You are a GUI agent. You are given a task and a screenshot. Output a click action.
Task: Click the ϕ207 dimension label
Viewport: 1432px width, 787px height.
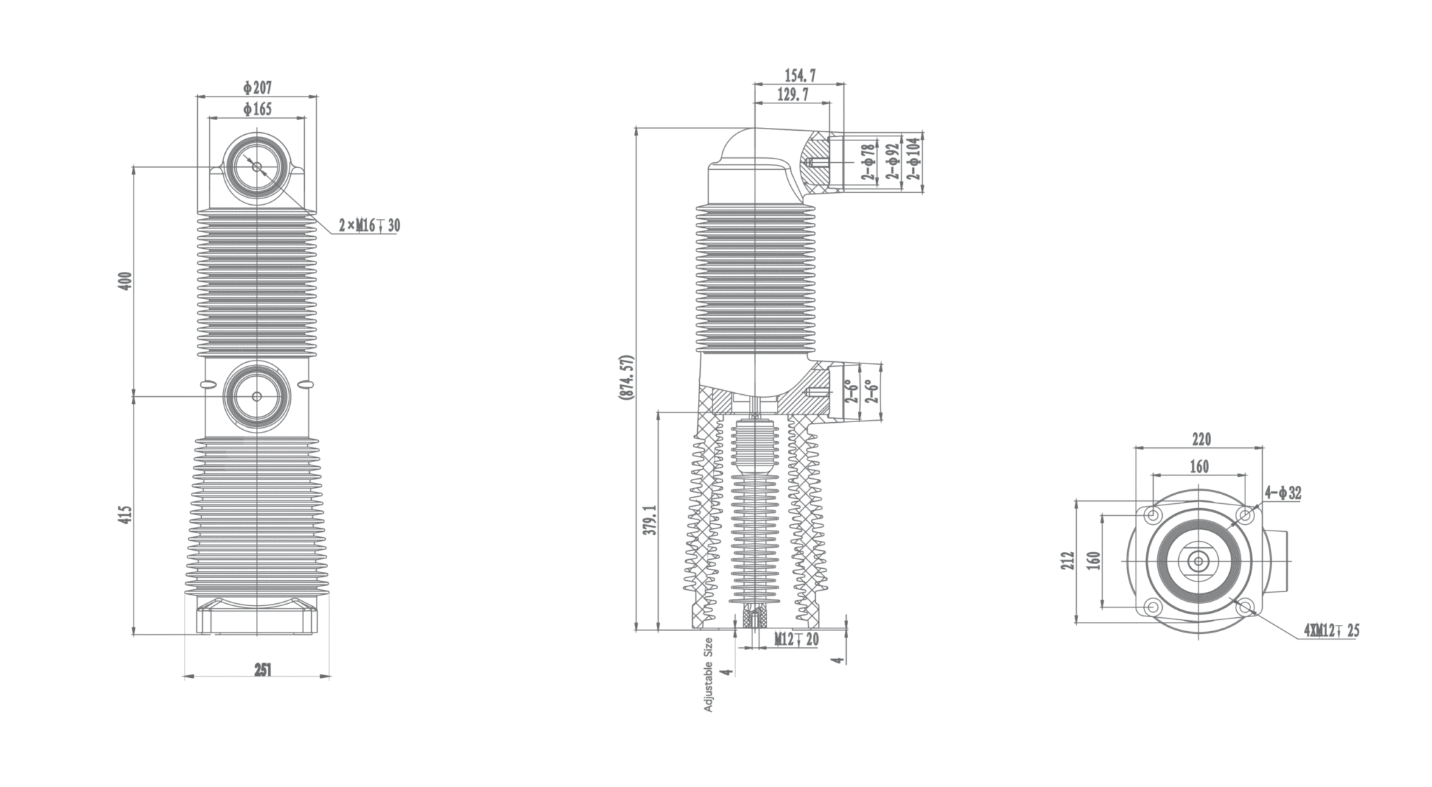coord(257,87)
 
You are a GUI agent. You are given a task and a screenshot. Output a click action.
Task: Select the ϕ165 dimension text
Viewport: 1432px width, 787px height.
coord(257,109)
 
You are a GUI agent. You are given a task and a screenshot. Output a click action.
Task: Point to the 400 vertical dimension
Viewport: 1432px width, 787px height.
coord(125,281)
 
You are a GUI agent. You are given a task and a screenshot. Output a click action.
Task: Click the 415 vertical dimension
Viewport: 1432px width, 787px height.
coord(125,515)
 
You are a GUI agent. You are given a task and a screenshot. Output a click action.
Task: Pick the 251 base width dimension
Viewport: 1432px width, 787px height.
coord(262,670)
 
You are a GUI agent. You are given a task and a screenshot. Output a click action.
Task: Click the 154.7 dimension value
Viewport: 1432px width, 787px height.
coord(800,75)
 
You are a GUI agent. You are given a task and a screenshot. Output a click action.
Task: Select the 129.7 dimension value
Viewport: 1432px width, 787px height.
coord(792,95)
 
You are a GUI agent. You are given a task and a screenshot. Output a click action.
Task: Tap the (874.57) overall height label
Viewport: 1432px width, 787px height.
coord(626,377)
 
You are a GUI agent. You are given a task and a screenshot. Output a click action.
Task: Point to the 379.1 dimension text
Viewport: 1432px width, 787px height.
coord(650,520)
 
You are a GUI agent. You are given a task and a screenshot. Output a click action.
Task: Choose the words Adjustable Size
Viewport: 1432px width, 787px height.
coord(708,674)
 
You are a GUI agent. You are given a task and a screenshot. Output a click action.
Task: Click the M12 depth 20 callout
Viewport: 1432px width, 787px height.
coord(796,639)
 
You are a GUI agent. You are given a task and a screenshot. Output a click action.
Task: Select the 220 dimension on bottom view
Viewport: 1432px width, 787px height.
coord(1201,440)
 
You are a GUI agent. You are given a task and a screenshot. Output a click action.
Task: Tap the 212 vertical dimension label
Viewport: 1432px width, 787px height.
coord(1066,561)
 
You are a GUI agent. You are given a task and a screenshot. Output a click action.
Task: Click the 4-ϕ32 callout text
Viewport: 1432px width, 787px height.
coord(1282,493)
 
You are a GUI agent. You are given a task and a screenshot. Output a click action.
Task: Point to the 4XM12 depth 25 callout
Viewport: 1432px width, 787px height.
coord(1331,631)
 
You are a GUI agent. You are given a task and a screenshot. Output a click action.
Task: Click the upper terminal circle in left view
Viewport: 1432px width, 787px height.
coord(257,167)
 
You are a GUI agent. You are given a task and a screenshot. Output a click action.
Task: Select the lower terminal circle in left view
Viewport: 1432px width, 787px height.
coord(257,396)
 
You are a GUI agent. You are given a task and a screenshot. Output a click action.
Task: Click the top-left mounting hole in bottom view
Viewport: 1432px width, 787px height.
coord(1152,516)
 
